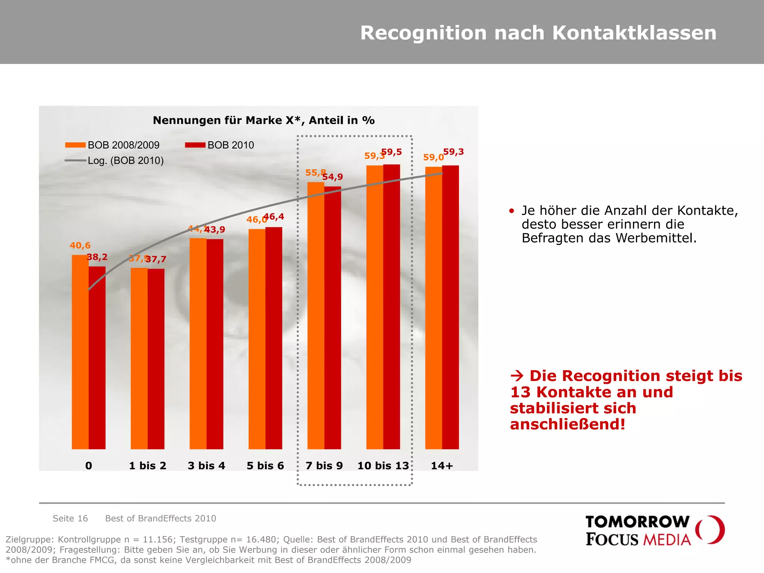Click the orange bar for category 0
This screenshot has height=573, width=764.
pyautogui.click(x=80, y=352)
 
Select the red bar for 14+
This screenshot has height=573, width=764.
pyautogui.click(x=450, y=307)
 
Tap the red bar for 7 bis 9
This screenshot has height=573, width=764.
pyautogui.click(x=332, y=317)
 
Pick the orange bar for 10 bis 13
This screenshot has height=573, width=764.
pyautogui.click(x=375, y=307)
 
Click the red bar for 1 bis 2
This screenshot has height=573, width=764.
pyautogui.click(x=156, y=358)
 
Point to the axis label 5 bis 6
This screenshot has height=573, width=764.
pyautogui.click(x=265, y=466)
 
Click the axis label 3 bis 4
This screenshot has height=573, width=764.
pyautogui.click(x=206, y=466)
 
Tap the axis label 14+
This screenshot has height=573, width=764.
pyautogui.click(x=442, y=466)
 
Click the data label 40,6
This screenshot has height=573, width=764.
pyautogui.click(x=80, y=245)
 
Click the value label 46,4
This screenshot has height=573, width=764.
pyautogui.click(x=274, y=216)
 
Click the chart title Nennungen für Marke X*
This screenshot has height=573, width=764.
pyautogui.click(x=263, y=120)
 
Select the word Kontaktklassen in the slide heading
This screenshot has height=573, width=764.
pyautogui.click(x=634, y=33)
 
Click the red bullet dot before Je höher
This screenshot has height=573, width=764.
pyautogui.click(x=511, y=211)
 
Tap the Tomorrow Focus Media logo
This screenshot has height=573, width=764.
pyautogui.click(x=654, y=530)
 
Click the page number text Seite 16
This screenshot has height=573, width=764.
pyautogui.click(x=70, y=518)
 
